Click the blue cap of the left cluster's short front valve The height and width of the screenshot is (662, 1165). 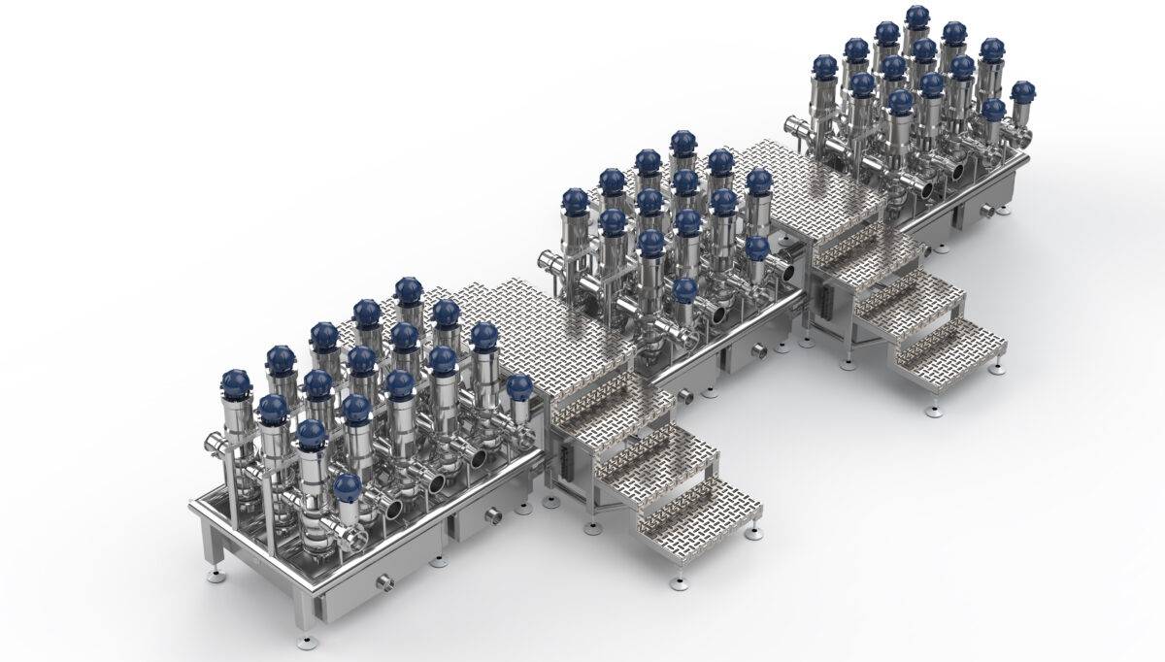[348, 486]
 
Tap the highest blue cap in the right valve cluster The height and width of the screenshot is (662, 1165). [917, 17]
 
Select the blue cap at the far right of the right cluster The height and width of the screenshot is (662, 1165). [1022, 92]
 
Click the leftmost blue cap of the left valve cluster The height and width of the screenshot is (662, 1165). [235, 381]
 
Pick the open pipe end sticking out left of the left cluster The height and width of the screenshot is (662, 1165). [213, 445]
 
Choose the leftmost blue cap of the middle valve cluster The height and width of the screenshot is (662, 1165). [576, 201]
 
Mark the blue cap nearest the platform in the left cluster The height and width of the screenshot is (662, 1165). [519, 387]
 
